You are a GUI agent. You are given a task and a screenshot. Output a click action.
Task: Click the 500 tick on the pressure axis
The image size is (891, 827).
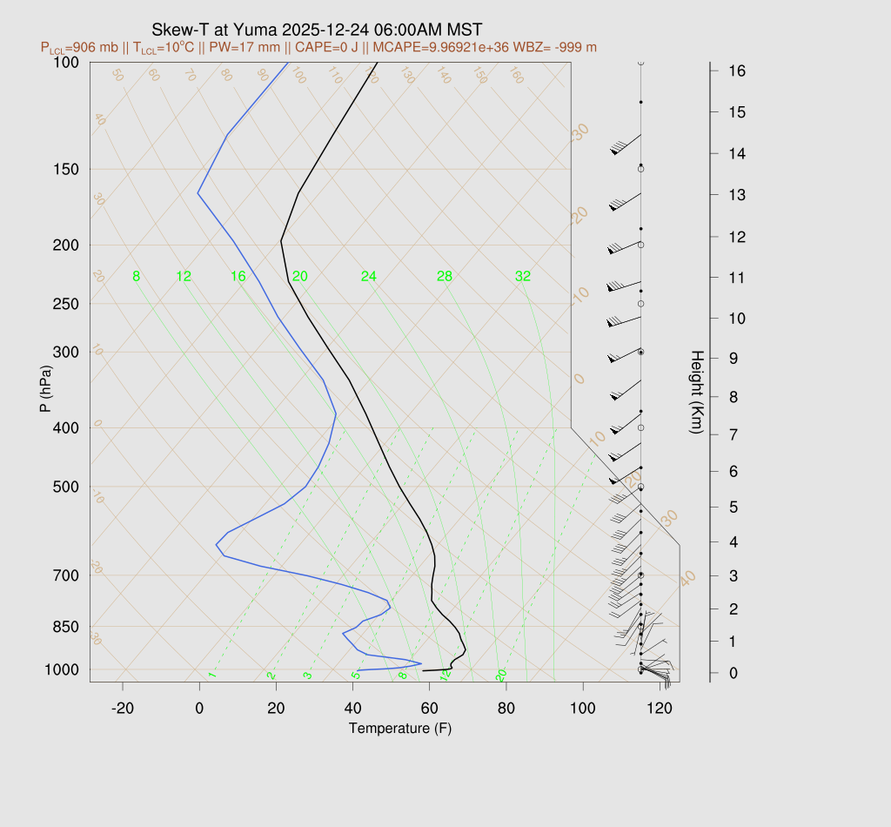66,487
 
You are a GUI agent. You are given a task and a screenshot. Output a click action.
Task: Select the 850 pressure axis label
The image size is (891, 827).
66,627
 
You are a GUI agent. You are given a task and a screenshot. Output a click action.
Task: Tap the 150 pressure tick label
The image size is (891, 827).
66,169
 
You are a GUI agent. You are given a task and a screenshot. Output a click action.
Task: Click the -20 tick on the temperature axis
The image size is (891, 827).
123,709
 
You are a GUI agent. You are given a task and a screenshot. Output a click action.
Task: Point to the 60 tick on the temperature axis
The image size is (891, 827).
429,709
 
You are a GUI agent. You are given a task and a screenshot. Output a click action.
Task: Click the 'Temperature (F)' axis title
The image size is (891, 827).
400,728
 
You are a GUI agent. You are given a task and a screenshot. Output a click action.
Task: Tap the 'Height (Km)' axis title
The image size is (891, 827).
696,394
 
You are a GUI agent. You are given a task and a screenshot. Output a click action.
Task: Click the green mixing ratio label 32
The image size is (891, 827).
522,277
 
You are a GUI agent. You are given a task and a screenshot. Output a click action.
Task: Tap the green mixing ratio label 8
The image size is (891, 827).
136,277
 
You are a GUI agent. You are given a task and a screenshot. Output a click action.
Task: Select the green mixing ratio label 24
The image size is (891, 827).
369,277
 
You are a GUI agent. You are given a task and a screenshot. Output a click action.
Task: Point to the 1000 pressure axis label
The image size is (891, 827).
63,669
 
